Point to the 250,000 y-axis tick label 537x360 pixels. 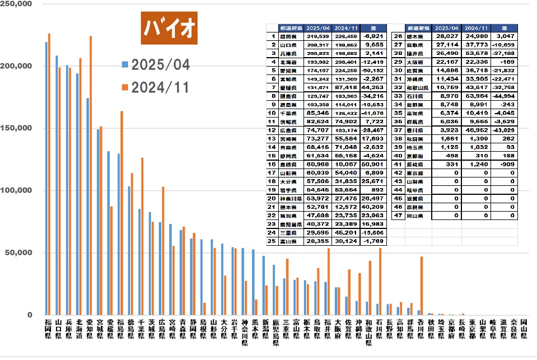pyautogui.click(x=17, y=4)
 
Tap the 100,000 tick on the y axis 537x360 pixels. pyautogui.click(x=17, y=190)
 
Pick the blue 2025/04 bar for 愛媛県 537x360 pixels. pyautogui.click(x=109, y=233)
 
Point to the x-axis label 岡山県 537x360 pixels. pyautogui.click(x=523, y=330)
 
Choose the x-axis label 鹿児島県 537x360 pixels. pyautogui.click(x=275, y=334)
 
